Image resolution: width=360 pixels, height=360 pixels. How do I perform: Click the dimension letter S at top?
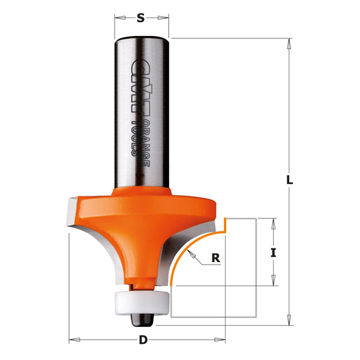[141, 18]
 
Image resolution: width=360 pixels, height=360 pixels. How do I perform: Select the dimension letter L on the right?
[289, 180]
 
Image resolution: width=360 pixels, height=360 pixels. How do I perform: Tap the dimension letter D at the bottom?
[143, 340]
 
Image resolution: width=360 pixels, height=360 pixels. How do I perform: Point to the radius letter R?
[215, 259]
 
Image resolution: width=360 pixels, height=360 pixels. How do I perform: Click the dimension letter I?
[274, 253]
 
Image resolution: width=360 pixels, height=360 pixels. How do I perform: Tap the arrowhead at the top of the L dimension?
[289, 41]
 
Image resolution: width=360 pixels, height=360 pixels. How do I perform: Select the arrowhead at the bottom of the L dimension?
[289, 321]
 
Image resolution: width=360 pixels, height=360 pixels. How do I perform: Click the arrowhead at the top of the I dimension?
[274, 221]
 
